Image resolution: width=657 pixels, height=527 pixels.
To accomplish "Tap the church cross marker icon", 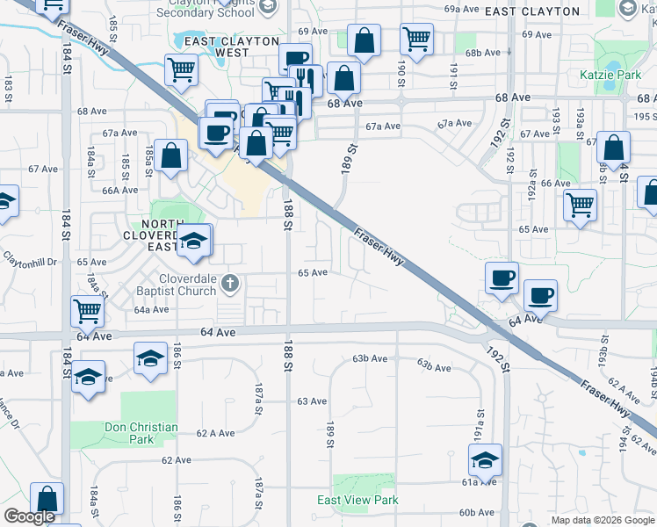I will (x=230, y=283).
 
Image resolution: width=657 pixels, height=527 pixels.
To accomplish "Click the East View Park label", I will (x=357, y=500).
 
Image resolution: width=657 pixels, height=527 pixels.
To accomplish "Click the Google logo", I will (x=29, y=516).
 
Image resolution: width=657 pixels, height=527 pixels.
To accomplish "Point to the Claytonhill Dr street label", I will (x=29, y=262).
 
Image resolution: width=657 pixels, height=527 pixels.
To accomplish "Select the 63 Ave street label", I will (x=312, y=401).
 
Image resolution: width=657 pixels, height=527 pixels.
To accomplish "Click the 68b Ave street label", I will (x=482, y=53).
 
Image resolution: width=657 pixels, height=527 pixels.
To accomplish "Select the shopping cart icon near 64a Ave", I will (x=88, y=310).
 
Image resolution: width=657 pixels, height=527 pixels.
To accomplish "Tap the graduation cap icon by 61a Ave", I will (x=485, y=458).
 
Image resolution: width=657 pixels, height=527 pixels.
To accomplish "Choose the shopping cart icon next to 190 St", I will (x=416, y=38).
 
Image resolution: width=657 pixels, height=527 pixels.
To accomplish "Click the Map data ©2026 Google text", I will (x=603, y=520).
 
